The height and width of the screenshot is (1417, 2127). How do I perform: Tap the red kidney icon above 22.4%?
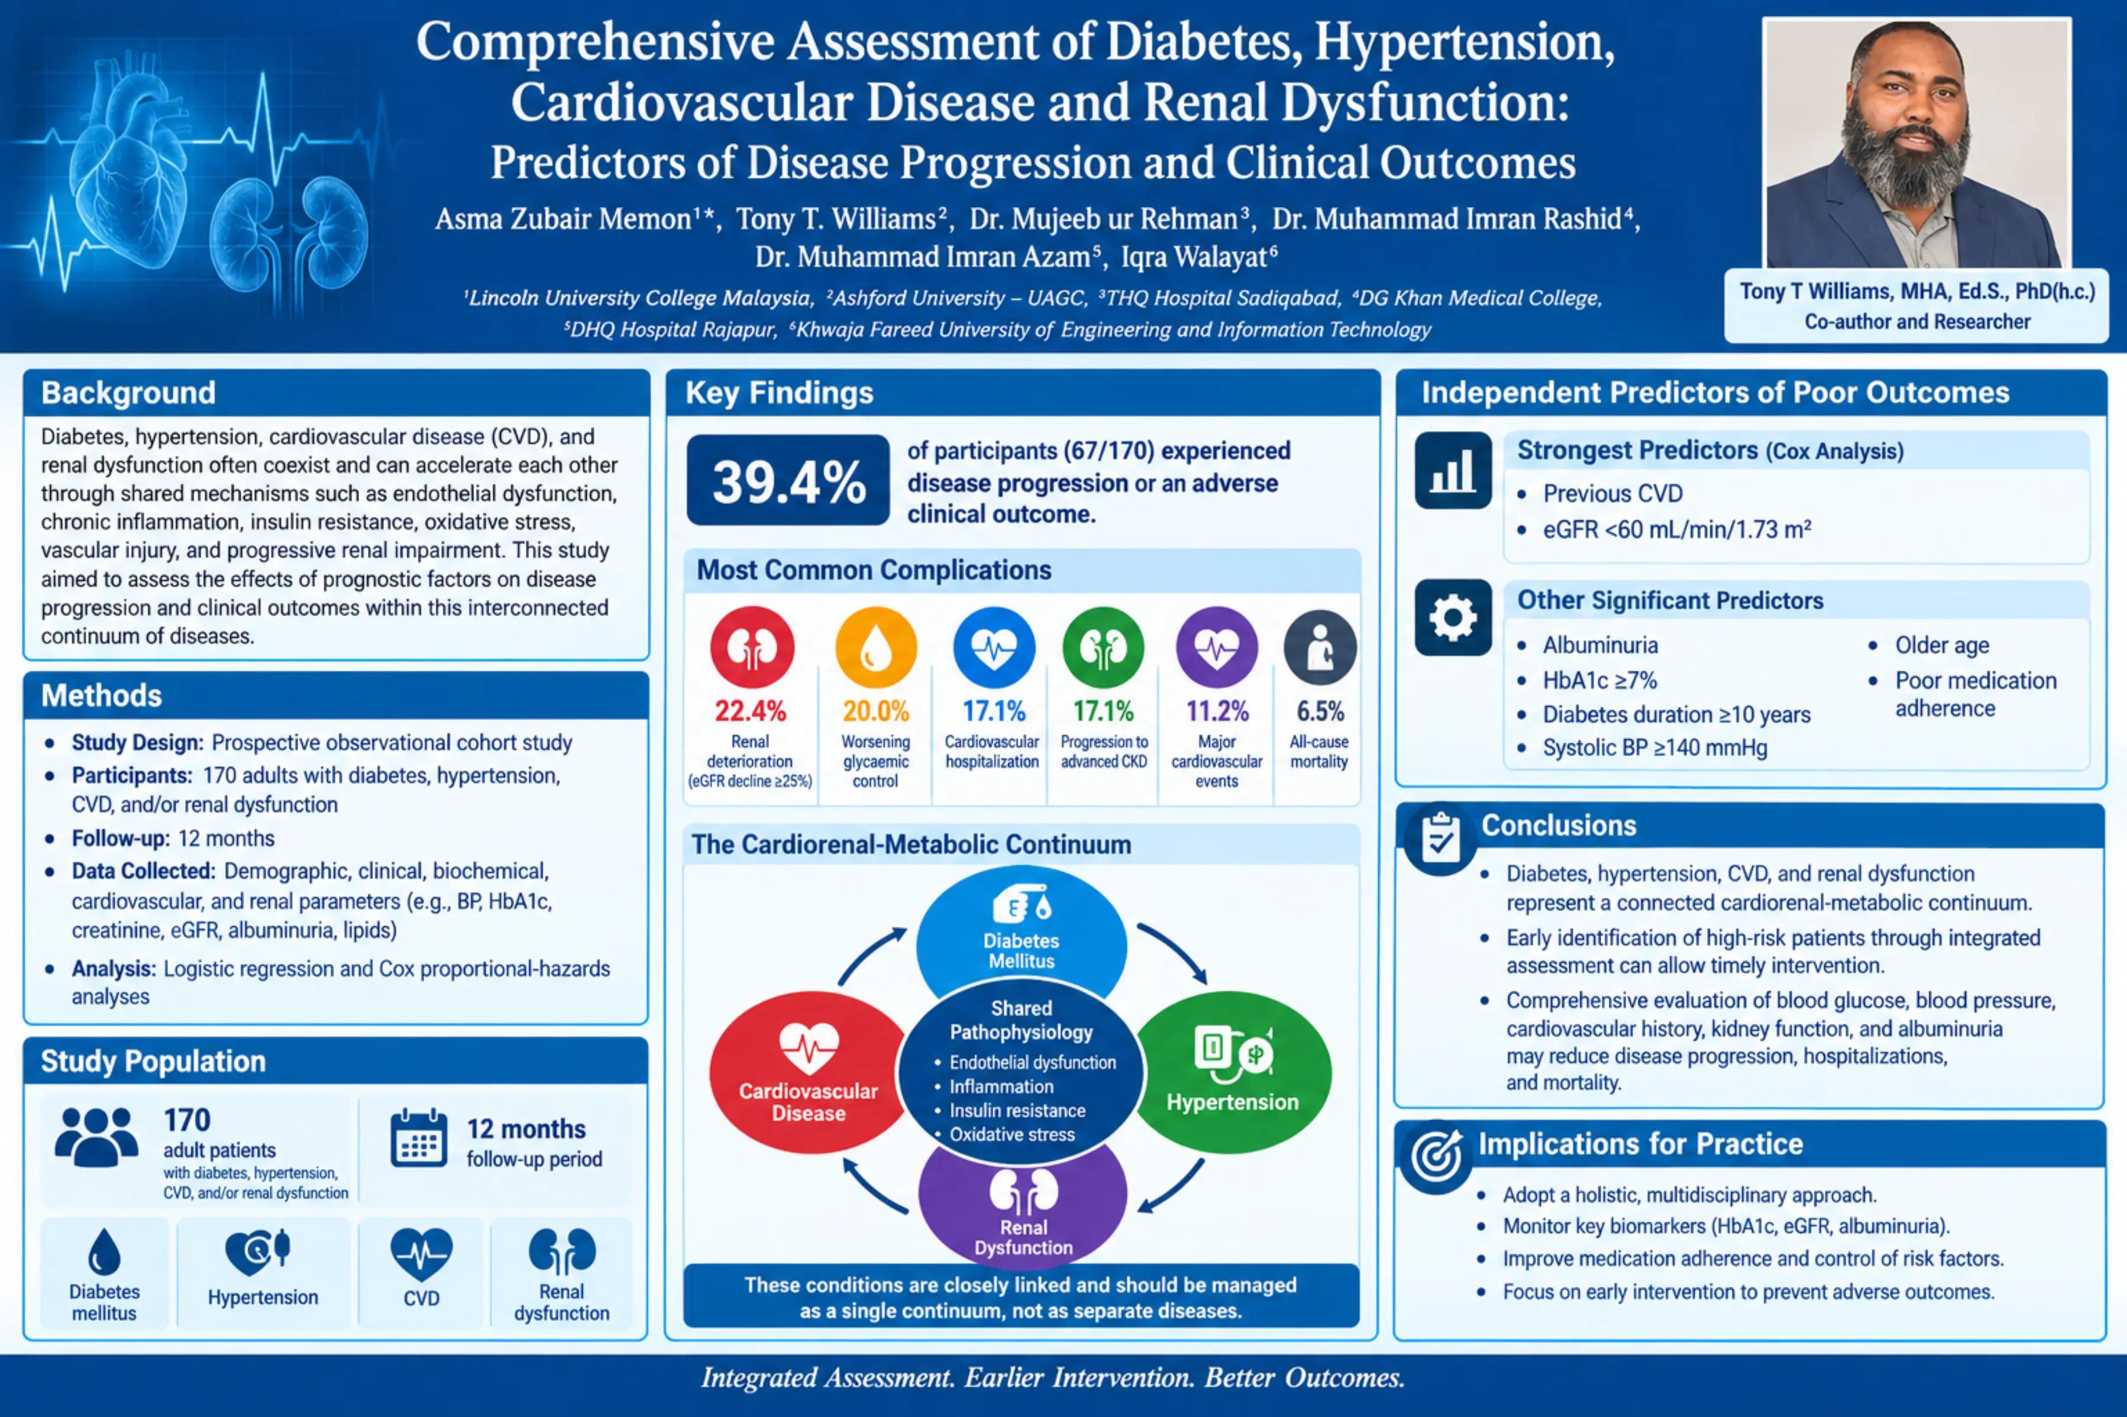pos(752,647)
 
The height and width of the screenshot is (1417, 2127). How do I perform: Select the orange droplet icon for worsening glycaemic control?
pos(875,647)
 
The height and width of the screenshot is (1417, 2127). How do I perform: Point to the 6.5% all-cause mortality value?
pos(1320,711)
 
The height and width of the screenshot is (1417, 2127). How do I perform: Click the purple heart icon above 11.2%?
pos(1217,647)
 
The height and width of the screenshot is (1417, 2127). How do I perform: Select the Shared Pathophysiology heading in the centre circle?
pos(1021,1020)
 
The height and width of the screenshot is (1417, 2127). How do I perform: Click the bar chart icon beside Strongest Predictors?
pos(1453,470)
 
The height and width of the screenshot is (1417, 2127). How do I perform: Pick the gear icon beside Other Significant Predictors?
pos(1453,617)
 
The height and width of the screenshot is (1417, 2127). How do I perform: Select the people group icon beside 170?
pos(96,1136)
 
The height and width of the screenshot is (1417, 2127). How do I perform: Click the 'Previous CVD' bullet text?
pos(1613,493)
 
